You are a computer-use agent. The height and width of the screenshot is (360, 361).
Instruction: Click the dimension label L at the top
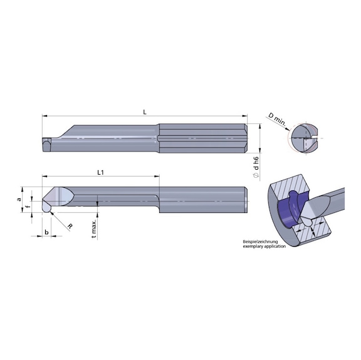pos(144,111)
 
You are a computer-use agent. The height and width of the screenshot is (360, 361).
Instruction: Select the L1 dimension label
pos(100,172)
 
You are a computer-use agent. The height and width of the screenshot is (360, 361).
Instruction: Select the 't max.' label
pos(93,229)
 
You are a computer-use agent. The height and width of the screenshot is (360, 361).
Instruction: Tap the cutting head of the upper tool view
pos(51,143)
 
